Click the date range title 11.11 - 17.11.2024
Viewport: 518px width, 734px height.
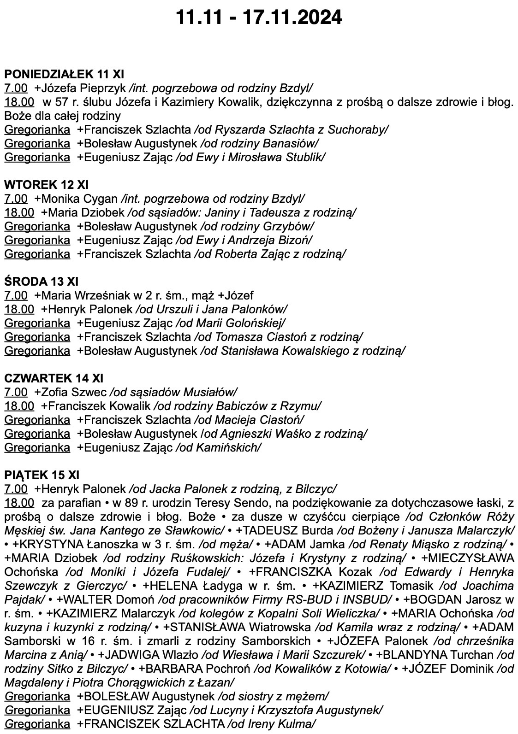click(259, 18)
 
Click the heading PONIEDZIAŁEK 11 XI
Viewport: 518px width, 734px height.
click(64, 74)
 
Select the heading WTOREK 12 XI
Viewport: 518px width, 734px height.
click(46, 185)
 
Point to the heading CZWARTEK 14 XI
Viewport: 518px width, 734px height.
click(54, 378)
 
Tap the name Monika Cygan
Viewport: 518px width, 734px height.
click(78, 199)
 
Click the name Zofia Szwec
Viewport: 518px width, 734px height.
click(73, 392)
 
